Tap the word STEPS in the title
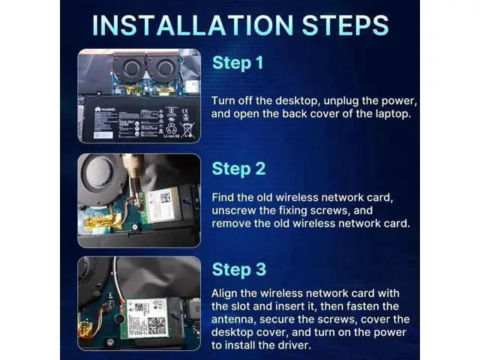pyautogui.click(x=346, y=25)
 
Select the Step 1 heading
pyautogui.click(x=238, y=64)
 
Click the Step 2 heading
pyautogui.click(x=238, y=169)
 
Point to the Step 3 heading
pyautogui.click(x=239, y=270)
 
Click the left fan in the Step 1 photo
pyautogui.click(x=130, y=67)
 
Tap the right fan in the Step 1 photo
pyautogui.click(x=163, y=67)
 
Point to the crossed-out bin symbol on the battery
pyautogui.click(x=187, y=129)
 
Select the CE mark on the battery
pyautogui.click(x=185, y=112)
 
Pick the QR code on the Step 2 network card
pyautogui.click(x=165, y=197)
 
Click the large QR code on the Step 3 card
pyautogui.click(x=157, y=326)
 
